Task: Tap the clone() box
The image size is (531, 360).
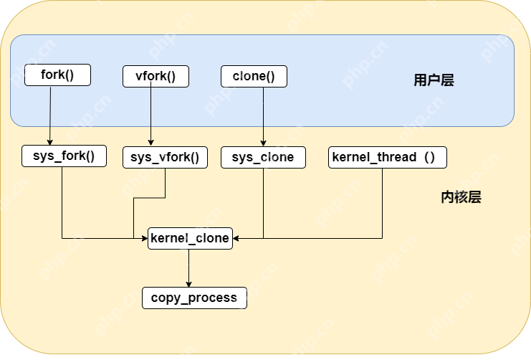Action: click(x=254, y=76)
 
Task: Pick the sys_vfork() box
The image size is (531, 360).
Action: click(x=165, y=158)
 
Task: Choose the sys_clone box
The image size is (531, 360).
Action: click(x=263, y=158)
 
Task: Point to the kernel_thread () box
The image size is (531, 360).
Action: click(x=388, y=157)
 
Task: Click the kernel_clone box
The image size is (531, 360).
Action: click(x=190, y=238)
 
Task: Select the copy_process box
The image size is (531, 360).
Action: click(x=194, y=298)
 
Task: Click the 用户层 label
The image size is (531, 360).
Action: click(x=434, y=80)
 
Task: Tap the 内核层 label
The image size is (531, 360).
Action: click(x=461, y=197)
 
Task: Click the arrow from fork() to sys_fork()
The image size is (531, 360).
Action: click(x=49, y=115)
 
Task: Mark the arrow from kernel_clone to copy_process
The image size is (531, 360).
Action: click(x=189, y=268)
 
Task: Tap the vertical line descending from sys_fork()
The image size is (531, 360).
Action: click(x=62, y=201)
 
